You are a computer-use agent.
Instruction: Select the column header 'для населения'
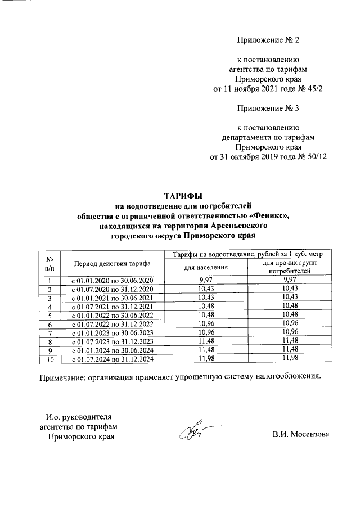click(206, 268)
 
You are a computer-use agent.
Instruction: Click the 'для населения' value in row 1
click(206, 280)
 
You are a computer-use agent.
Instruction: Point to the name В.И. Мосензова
click(300, 435)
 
